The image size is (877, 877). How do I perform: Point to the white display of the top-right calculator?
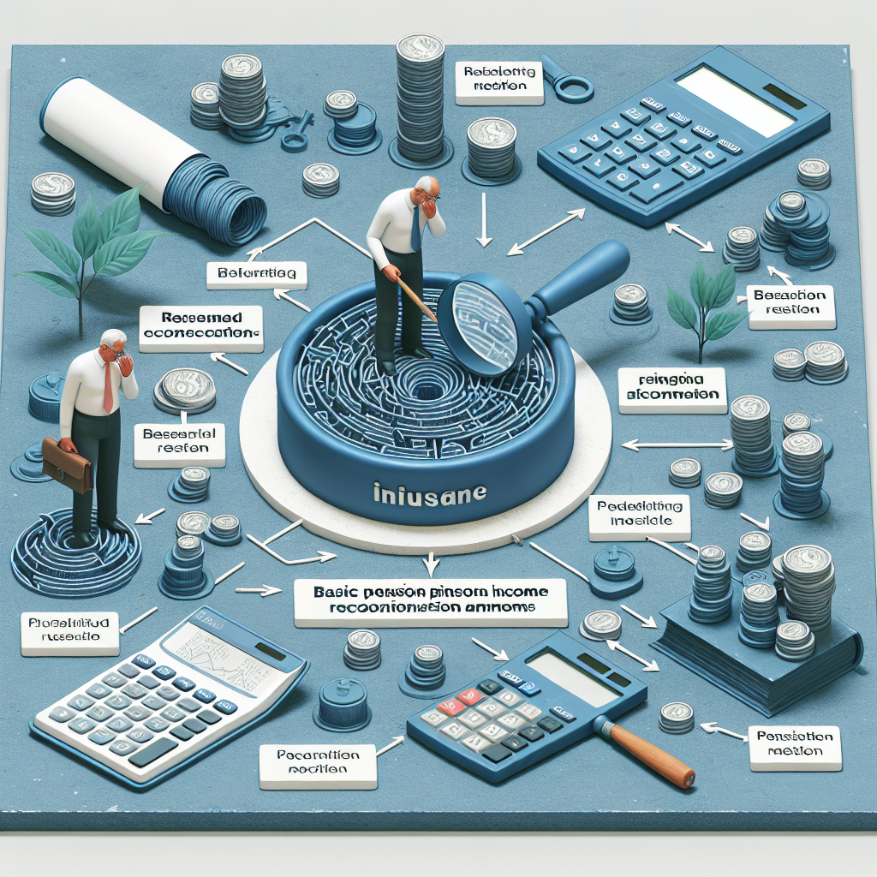point(735,99)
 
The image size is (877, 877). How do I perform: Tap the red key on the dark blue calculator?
point(449,708)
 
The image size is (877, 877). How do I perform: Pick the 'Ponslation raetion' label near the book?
point(796,743)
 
